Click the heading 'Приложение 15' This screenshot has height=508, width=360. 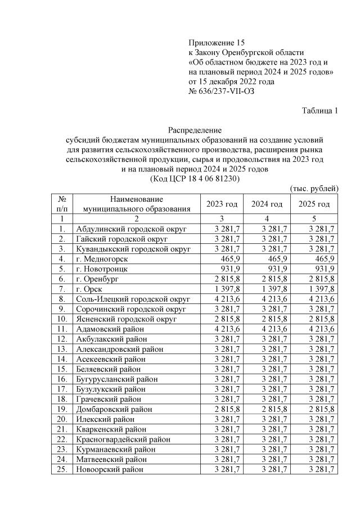217,42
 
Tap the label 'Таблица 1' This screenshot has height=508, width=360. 319,111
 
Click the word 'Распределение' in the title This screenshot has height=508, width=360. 195,130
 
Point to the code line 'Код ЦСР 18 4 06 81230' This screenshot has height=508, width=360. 195,179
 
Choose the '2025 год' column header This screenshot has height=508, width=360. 314,204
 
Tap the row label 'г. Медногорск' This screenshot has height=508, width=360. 102,259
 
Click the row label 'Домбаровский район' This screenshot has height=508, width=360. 114,409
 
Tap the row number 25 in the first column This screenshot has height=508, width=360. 62,469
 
